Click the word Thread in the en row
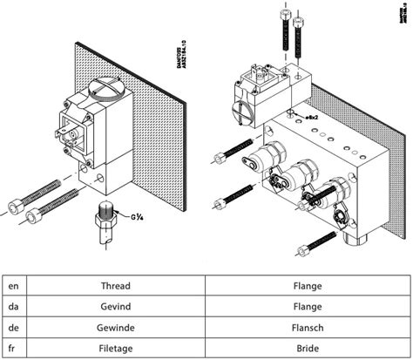115,286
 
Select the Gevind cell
115,306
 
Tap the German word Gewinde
115,327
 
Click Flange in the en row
308,286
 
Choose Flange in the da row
308,306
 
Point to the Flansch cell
308,327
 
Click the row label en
13,286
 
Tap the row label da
13,306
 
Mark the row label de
13,327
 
